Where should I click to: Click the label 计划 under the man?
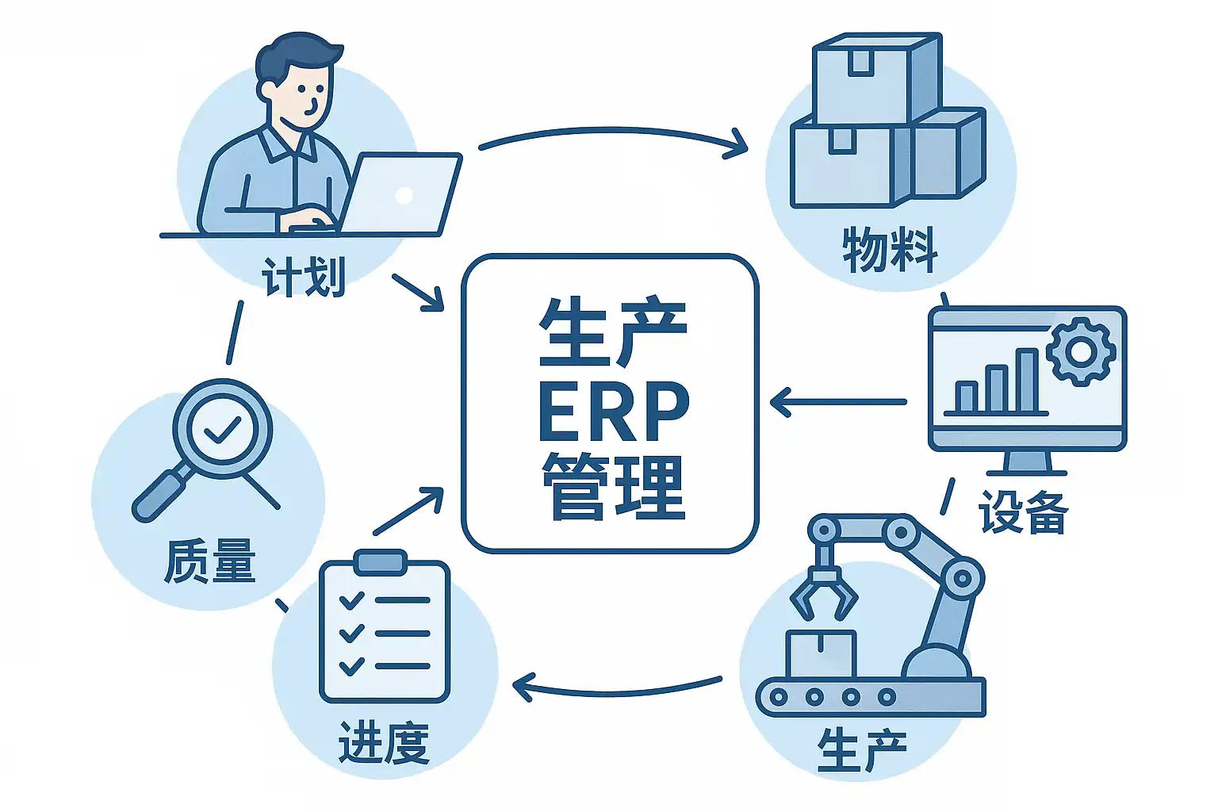coord(304,277)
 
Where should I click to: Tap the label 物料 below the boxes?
coord(890,249)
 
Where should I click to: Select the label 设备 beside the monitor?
coord(1023,512)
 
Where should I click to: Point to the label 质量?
coord(209,561)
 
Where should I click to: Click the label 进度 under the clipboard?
coord(384,743)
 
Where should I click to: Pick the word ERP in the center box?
coord(613,412)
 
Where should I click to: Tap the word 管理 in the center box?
coord(613,487)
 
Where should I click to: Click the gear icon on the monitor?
coord(1081,350)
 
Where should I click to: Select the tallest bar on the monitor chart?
coord(1027,381)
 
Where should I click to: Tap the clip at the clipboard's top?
coord(381,562)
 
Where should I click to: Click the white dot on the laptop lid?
coord(404,194)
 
